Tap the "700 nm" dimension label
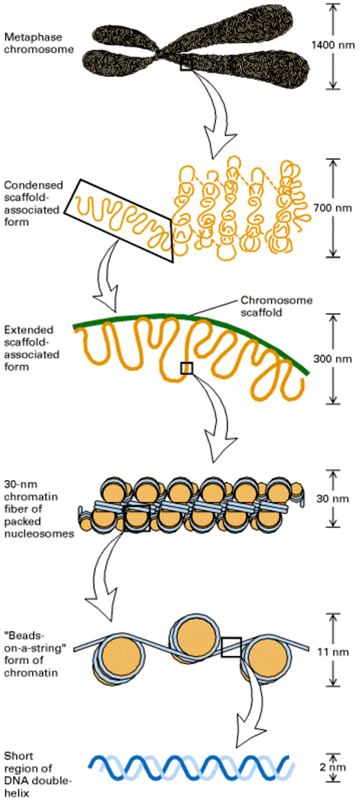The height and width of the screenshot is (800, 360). pos(331,207)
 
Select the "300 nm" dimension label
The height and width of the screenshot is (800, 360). pos(331,358)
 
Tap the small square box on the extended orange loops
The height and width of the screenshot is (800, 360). pos(185,369)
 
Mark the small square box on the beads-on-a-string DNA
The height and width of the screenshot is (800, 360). pos(231,647)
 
